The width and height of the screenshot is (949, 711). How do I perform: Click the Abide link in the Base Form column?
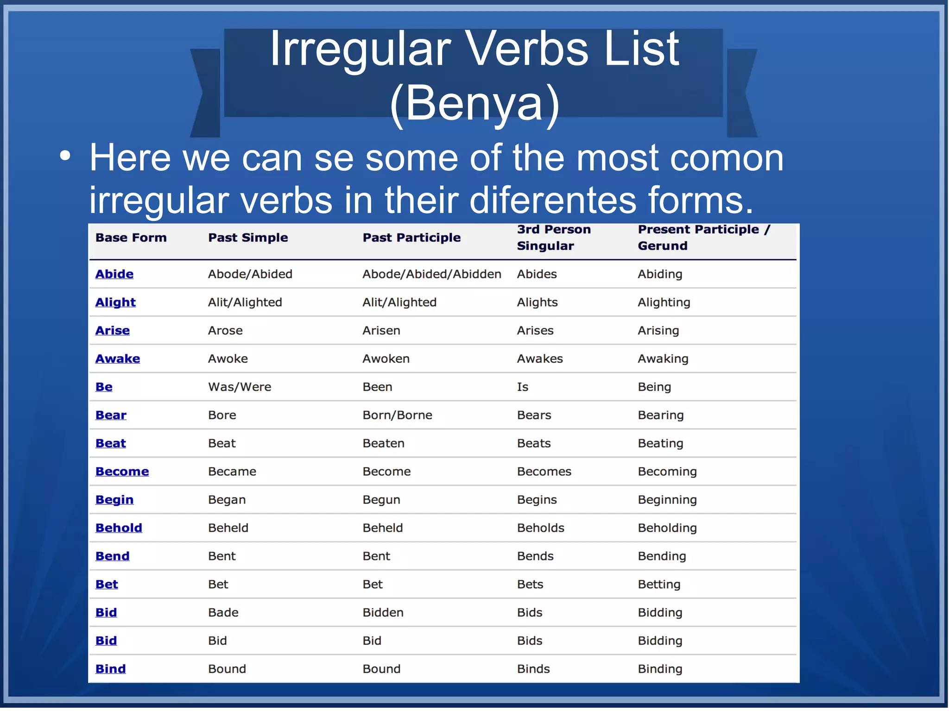pyautogui.click(x=114, y=274)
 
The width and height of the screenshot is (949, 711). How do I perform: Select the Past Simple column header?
pyautogui.click(x=248, y=238)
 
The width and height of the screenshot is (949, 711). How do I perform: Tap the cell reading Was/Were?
pyautogui.click(x=240, y=387)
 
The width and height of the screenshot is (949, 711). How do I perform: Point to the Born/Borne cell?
pyautogui.click(x=397, y=415)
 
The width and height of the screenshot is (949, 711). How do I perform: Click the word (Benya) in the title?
pyautogui.click(x=474, y=103)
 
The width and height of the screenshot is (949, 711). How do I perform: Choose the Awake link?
pyautogui.click(x=118, y=359)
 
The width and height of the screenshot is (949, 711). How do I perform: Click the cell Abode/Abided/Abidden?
pyautogui.click(x=431, y=274)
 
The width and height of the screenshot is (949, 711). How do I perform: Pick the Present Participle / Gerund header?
pyautogui.click(x=703, y=237)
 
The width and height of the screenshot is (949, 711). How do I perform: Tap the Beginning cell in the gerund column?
pyautogui.click(x=667, y=500)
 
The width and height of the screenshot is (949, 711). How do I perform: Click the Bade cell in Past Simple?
pyautogui.click(x=223, y=612)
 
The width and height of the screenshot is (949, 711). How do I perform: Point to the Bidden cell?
pyautogui.click(x=383, y=612)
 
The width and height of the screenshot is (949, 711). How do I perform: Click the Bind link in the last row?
pyautogui.click(x=110, y=669)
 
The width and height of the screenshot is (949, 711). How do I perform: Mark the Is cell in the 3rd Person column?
pyautogui.click(x=522, y=387)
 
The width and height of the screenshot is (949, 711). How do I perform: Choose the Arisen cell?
pyautogui.click(x=381, y=330)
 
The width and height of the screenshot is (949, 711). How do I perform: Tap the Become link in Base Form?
pyautogui.click(x=122, y=472)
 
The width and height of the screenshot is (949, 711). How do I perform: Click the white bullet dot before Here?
pyautogui.click(x=65, y=156)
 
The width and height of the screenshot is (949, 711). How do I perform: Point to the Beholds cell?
pyautogui.click(x=540, y=528)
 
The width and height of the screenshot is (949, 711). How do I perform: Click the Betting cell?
pyautogui.click(x=658, y=584)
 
